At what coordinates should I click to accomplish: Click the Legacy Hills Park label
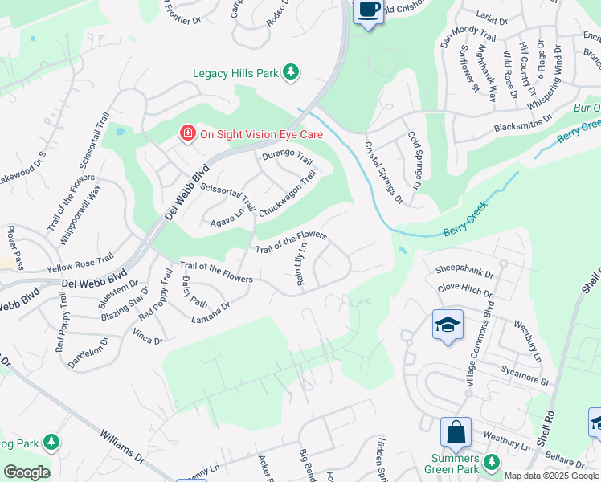point(235,73)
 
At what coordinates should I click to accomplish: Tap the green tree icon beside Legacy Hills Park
point(291,73)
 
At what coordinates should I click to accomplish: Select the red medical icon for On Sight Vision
point(187,133)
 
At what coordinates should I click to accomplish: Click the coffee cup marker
point(368,10)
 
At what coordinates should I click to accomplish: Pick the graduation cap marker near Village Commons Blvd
point(448,325)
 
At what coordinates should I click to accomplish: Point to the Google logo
point(27,472)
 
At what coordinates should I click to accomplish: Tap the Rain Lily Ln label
point(302,265)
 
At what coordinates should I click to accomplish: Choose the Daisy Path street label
point(194,292)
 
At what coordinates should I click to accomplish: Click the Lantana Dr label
point(211,314)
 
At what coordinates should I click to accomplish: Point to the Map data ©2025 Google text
point(551,476)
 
